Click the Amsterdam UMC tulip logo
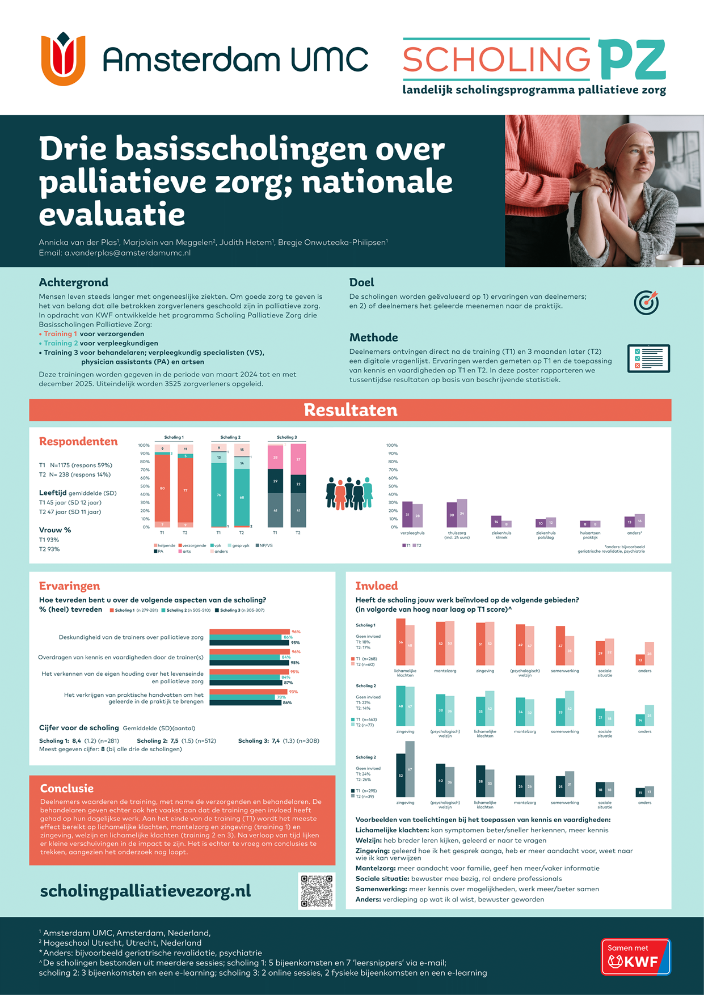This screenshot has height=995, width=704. (x=63, y=60)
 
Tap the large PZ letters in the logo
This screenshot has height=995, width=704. (x=631, y=60)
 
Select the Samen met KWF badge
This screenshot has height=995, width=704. (x=636, y=957)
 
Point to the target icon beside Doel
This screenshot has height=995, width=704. (x=646, y=302)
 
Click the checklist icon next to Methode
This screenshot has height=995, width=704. (x=648, y=358)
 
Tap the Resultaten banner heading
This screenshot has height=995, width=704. (x=351, y=410)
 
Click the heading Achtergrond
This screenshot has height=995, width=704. (x=73, y=282)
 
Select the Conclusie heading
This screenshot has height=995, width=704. (x=66, y=788)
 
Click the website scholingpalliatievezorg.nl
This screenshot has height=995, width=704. (x=145, y=891)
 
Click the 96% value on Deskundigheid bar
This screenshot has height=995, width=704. (x=296, y=632)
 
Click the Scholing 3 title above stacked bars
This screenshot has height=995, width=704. (x=286, y=437)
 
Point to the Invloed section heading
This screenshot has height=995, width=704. (x=376, y=586)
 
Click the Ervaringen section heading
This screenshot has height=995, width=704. (x=69, y=586)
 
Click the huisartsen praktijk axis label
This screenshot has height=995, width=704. (x=590, y=535)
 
